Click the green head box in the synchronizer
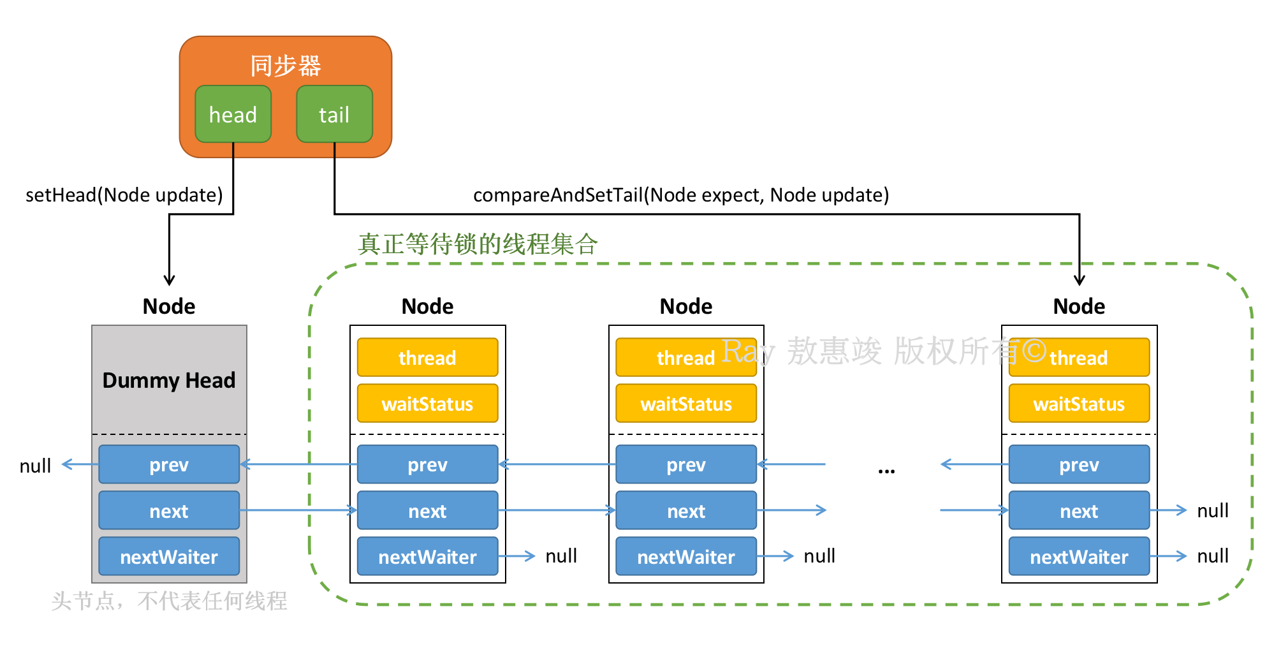(x=233, y=114)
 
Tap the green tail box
(x=334, y=114)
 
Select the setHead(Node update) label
(x=124, y=195)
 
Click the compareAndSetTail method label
(x=681, y=195)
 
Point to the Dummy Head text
(x=169, y=380)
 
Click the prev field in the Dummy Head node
(x=169, y=464)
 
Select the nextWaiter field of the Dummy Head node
(x=169, y=556)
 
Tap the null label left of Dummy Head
(x=35, y=466)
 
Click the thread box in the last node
(x=1079, y=357)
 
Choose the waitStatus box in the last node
(x=1079, y=403)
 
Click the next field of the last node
(x=1079, y=510)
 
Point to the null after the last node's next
(x=1213, y=510)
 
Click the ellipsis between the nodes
(x=886, y=471)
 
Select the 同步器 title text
(x=286, y=66)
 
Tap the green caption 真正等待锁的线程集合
(x=478, y=244)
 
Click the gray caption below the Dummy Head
(x=169, y=601)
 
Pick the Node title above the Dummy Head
(x=169, y=306)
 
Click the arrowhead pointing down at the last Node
(x=1079, y=281)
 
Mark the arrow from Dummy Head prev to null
(x=80, y=464)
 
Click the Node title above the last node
(x=1079, y=306)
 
